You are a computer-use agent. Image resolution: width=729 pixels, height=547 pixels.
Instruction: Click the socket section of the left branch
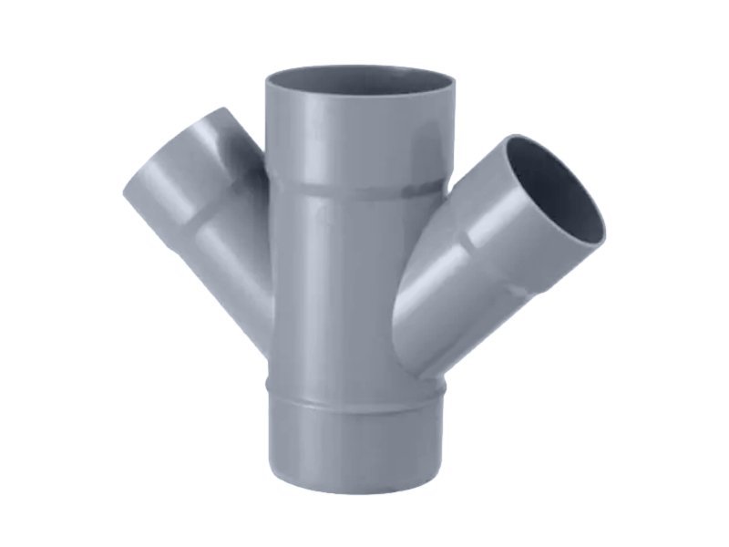[x=178, y=182]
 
